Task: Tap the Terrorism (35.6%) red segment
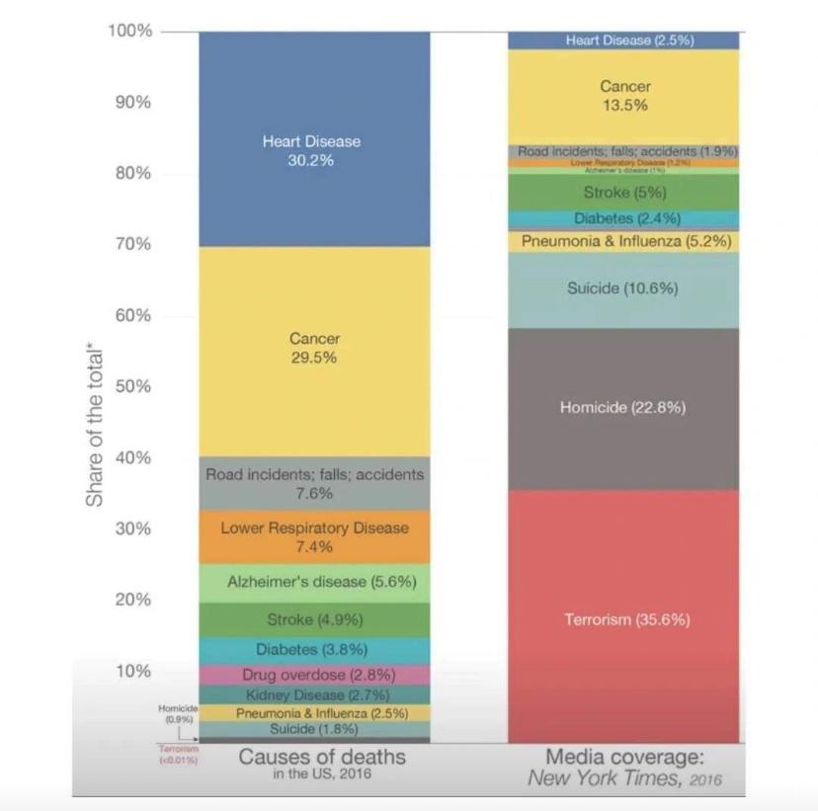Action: pos(626,619)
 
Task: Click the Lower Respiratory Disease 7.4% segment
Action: pos(314,536)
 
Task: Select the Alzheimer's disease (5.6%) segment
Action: pos(314,582)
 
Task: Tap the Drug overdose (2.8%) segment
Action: pos(314,675)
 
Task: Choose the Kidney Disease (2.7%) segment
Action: pos(314,694)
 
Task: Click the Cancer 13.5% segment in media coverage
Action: pos(624,95)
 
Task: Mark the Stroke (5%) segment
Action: pos(624,192)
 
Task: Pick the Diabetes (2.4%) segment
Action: pos(624,218)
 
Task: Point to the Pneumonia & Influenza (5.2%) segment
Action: pos(624,240)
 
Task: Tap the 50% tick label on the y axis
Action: pos(131,385)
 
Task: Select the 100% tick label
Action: pos(128,31)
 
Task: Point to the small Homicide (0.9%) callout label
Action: pos(178,714)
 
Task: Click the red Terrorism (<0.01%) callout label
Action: pos(179,755)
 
